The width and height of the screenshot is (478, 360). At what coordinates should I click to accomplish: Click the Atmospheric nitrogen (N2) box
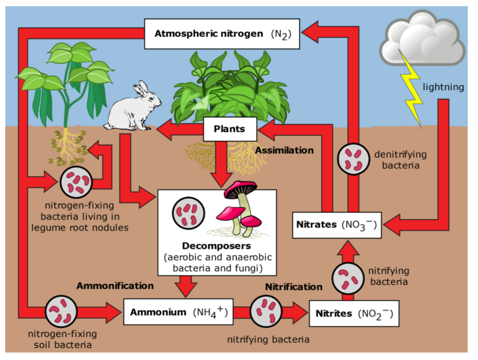(x=222, y=34)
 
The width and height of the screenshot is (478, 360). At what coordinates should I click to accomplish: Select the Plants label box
(x=229, y=129)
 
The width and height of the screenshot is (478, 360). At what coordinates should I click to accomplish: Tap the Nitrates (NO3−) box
(x=337, y=224)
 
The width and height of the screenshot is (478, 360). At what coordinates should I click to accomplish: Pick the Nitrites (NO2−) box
(x=354, y=313)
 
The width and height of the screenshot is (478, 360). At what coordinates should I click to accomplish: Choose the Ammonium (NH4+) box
(x=178, y=312)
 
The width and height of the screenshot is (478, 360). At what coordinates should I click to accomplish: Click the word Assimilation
(x=284, y=150)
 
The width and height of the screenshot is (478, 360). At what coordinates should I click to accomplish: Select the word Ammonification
(x=115, y=285)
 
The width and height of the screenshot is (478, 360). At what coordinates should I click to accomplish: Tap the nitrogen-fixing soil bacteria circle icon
(x=61, y=311)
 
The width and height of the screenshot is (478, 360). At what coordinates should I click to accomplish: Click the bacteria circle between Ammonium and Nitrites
(x=265, y=311)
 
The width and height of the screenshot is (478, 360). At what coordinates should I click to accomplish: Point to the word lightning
(x=443, y=87)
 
